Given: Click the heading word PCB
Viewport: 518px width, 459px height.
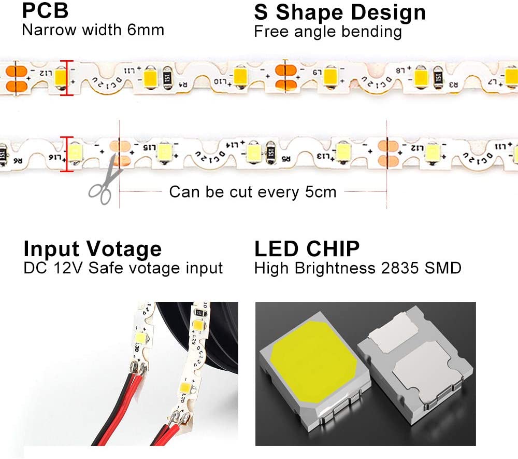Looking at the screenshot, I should click(x=45, y=10).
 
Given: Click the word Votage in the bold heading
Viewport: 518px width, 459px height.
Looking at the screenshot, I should click(x=124, y=249).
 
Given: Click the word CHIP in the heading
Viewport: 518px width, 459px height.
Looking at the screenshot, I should click(x=332, y=249).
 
